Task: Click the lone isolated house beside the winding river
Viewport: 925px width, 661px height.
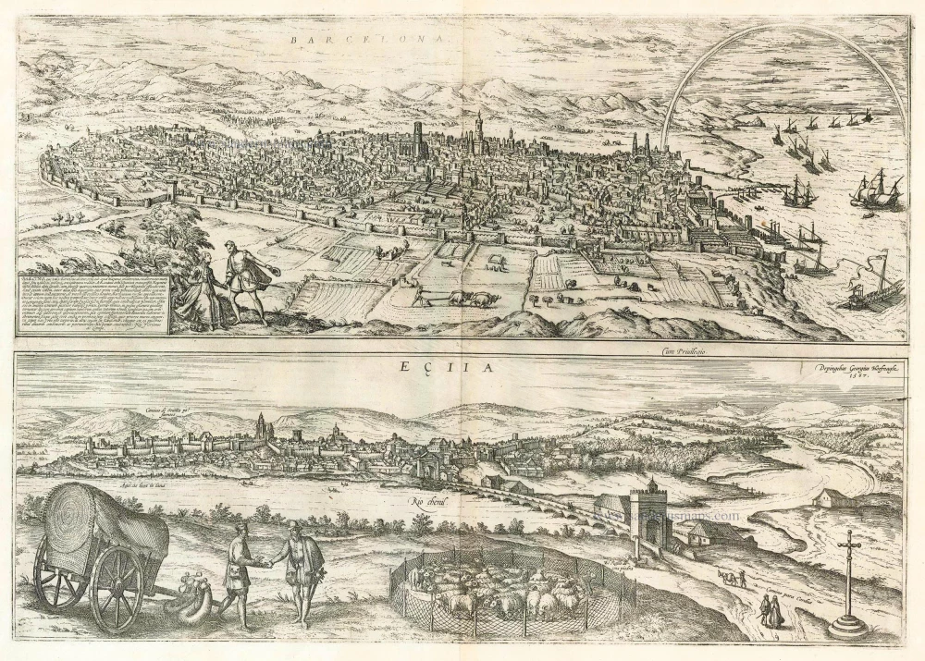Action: (828, 499)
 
